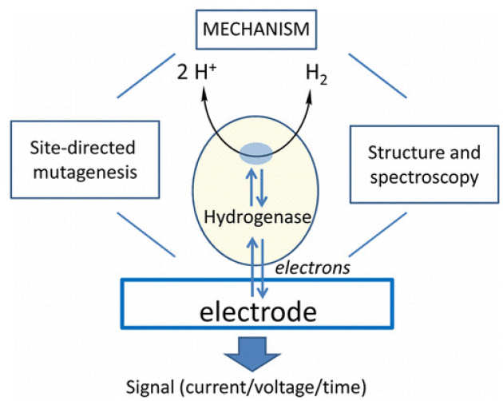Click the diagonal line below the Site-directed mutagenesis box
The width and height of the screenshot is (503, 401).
click(x=145, y=233)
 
